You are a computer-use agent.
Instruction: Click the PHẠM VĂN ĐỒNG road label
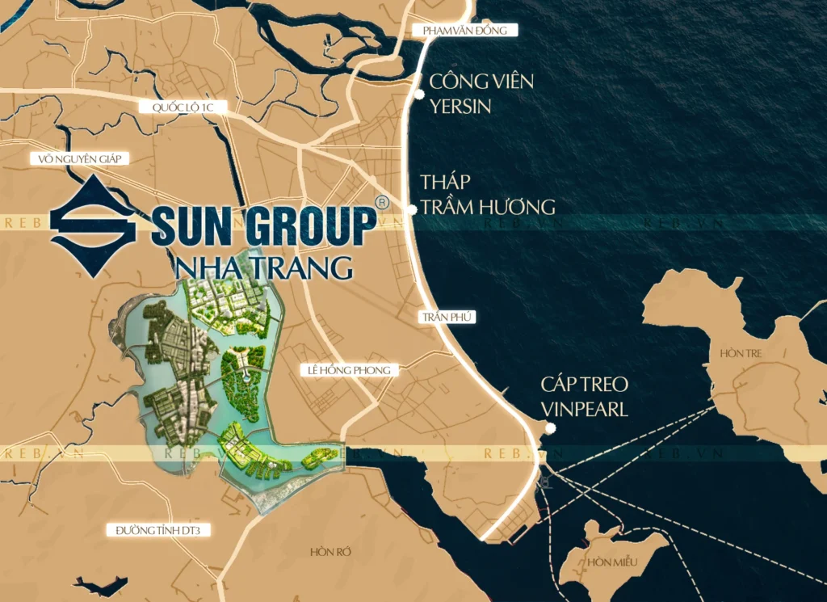pos(464,31)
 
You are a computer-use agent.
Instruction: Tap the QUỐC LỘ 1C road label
pos(182,107)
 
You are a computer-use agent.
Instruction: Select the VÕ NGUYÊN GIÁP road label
pos(79,159)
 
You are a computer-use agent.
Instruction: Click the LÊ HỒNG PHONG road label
pos(349,370)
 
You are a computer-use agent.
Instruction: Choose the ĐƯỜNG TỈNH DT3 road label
pos(152,530)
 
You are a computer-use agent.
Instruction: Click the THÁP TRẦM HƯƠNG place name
pos(487,194)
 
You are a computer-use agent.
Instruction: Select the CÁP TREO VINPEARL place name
pos(585,397)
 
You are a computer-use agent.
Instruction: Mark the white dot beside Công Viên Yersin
pos(419,95)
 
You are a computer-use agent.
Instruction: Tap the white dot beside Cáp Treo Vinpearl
pos(550,428)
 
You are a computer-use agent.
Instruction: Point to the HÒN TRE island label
pos(742,354)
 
